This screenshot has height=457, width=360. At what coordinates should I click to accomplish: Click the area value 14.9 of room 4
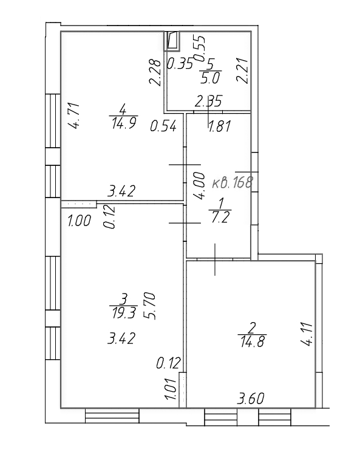[x=124, y=123]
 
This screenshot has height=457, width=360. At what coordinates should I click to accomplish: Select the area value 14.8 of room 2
[x=252, y=342]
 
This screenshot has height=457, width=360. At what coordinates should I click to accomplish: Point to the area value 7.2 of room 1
[x=220, y=217]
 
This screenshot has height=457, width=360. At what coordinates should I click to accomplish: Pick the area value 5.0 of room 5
[x=210, y=78]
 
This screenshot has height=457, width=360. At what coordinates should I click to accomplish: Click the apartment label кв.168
[x=232, y=183]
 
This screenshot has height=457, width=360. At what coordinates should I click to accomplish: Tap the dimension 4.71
[x=73, y=115]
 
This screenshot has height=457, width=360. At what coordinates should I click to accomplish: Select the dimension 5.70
[x=151, y=306]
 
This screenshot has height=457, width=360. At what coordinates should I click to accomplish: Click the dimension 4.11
[x=307, y=334]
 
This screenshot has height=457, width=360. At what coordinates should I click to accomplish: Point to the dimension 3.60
[x=251, y=399]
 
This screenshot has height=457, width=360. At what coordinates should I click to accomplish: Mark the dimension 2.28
[x=155, y=72]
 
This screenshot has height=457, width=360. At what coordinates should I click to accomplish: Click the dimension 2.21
[x=242, y=71]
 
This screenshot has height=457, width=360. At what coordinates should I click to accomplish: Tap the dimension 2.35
[x=209, y=101]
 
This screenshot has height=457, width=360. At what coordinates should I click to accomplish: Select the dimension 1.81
[x=220, y=126]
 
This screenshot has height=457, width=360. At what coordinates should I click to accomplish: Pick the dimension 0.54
[x=163, y=126]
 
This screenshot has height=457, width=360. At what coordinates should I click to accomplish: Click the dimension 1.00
[x=79, y=221]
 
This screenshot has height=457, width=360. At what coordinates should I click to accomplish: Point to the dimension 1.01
[x=171, y=389]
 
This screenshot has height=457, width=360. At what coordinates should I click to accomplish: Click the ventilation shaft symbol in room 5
[x=172, y=41]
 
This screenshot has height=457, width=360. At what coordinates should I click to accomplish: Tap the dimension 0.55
[x=200, y=49]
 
